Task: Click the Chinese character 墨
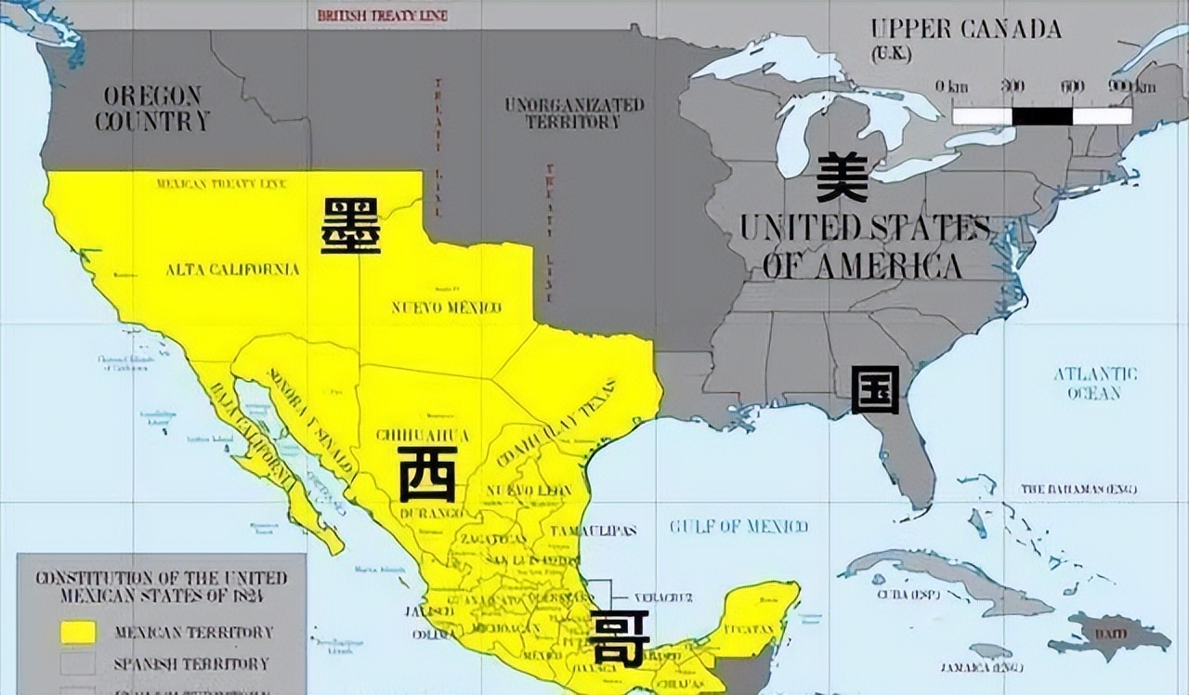(350, 225)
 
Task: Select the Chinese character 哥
(619, 638)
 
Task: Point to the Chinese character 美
(843, 177)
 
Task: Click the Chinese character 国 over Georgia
(875, 389)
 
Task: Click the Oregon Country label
(152, 108)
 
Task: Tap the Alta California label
(232, 269)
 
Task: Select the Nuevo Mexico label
(446, 308)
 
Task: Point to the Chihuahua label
(423, 435)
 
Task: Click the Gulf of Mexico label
(738, 527)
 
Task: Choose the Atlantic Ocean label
(1094, 383)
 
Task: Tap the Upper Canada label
(966, 29)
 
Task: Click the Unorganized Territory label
(574, 112)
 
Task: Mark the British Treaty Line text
(382, 16)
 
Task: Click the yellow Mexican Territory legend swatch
(78, 632)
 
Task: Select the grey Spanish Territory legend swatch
(78, 663)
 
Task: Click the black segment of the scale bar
(1041, 116)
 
